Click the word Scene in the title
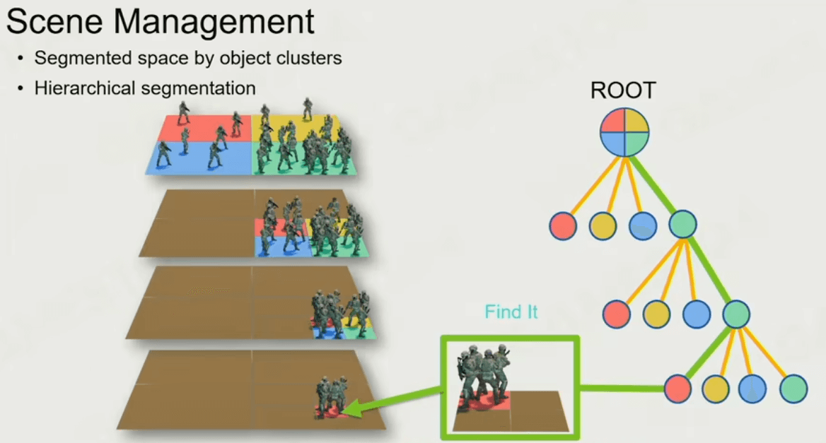54,22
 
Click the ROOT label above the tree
623,90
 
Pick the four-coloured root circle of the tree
624,132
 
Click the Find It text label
511,312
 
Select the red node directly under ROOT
563,225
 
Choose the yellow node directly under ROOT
603,225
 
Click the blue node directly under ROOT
643,225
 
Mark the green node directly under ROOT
682,224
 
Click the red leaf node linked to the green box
677,389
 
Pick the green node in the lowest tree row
793,389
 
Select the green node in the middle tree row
736,314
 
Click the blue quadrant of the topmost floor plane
199,158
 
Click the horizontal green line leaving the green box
622,389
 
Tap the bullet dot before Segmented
20,59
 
